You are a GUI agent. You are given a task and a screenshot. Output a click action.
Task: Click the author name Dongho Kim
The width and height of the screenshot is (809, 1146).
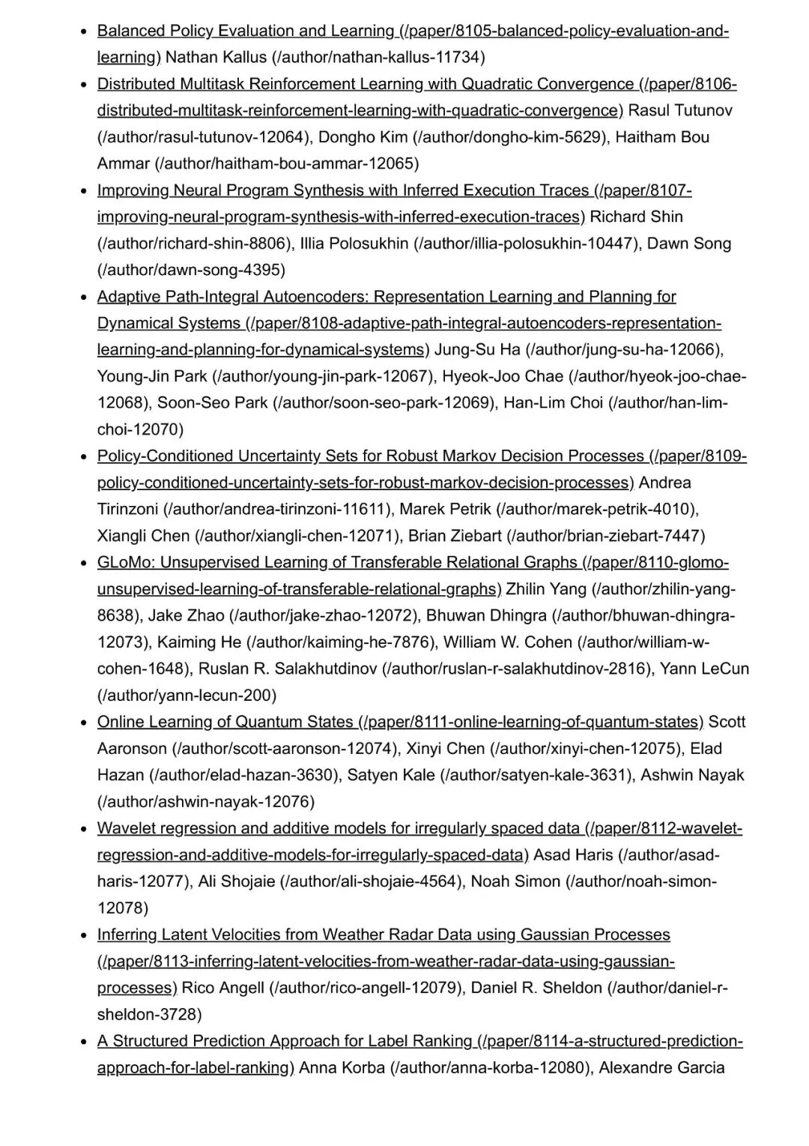363,137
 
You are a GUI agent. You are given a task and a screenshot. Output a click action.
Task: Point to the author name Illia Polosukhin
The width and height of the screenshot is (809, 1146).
354,244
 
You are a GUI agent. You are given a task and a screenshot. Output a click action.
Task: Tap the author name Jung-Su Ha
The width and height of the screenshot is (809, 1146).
477,350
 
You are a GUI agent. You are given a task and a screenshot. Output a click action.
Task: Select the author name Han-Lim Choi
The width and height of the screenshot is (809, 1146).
553,403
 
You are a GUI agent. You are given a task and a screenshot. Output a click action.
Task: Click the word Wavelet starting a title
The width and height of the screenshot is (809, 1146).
126,828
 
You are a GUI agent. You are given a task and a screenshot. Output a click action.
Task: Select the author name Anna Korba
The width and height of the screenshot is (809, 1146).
342,1067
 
